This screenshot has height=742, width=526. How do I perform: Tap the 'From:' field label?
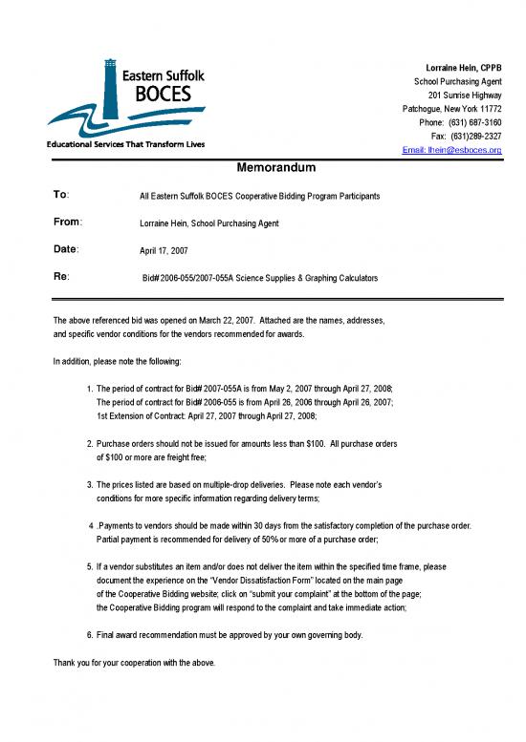tap(67, 222)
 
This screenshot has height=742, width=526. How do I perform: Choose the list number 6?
tap(89, 635)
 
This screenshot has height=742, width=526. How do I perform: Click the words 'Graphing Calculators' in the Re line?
tap(337, 278)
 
